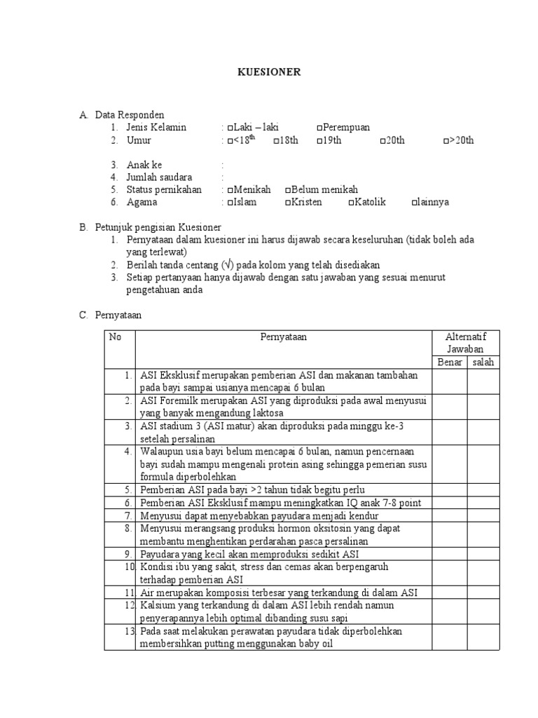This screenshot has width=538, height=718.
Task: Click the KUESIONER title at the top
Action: coord(268,72)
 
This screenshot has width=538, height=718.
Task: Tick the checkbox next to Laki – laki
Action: coord(230,128)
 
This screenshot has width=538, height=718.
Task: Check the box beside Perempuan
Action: coord(319,128)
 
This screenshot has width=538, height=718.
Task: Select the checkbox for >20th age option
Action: coord(446,141)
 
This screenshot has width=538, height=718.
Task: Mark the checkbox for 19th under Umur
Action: coord(319,141)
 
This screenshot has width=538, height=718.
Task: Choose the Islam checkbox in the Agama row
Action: coord(230,203)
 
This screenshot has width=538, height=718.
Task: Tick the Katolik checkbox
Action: coord(351,203)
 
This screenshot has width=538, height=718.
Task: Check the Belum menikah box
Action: coord(288,190)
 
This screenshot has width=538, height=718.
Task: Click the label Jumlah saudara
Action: coord(159,177)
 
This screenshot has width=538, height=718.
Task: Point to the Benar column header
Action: coord(450,362)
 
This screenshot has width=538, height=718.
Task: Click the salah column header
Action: coord(483,362)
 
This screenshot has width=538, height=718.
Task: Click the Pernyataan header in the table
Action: coord(283,337)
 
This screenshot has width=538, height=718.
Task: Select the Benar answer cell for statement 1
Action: coord(450,381)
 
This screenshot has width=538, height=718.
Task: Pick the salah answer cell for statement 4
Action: coord(483,463)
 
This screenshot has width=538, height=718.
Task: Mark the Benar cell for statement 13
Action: coord(450,637)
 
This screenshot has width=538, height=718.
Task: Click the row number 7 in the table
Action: coord(128,515)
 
